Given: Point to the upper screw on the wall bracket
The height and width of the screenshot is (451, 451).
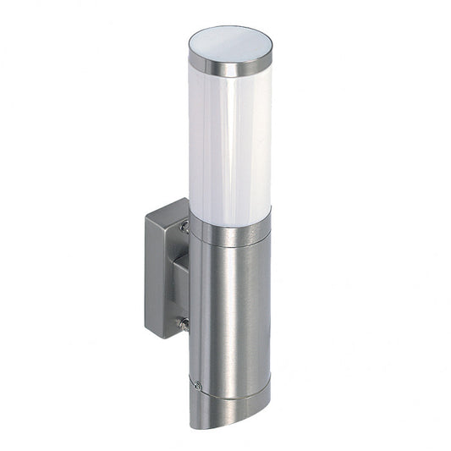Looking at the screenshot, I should pos(184,226).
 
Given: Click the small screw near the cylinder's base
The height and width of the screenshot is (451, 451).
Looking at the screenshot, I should pos(196,385).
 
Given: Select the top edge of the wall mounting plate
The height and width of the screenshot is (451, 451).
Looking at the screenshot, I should pos(166,205).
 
